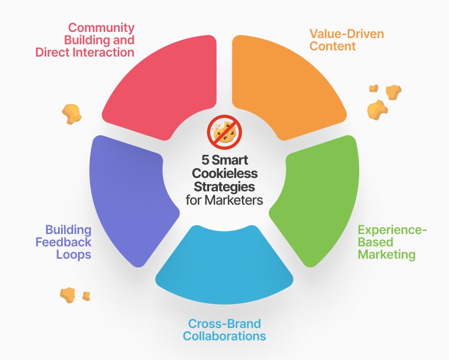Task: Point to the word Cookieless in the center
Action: (224, 174)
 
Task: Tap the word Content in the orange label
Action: (332, 47)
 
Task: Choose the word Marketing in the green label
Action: (387, 254)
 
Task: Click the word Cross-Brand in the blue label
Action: (224, 324)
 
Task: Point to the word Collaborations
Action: (224, 336)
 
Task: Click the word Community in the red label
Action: (102, 27)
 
